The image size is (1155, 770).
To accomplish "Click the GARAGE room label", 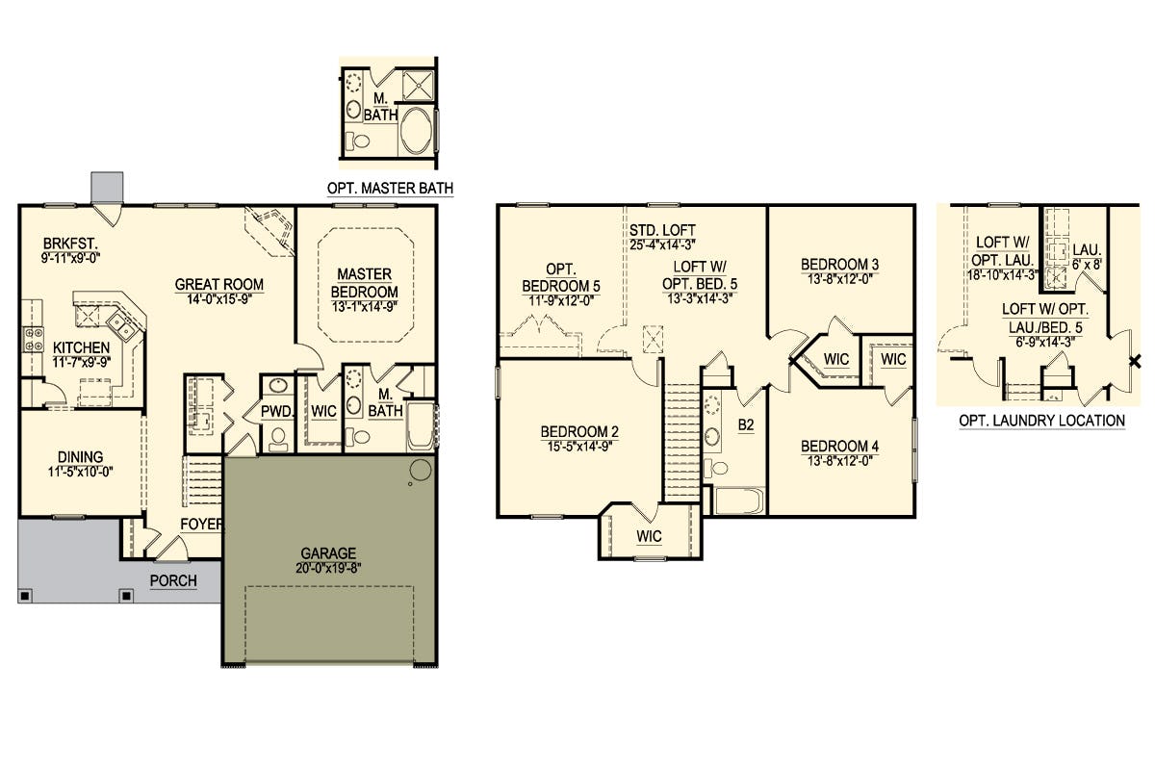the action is click(x=328, y=552).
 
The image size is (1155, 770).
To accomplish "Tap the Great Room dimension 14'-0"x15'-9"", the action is click(x=219, y=299).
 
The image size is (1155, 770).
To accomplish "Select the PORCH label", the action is click(x=173, y=580).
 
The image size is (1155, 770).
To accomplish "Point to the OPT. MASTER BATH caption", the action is click(x=391, y=189).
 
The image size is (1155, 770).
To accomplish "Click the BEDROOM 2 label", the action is click(x=579, y=431).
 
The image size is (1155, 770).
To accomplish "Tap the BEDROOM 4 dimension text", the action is click(x=840, y=460).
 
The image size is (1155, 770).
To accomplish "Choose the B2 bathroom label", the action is click(x=746, y=425).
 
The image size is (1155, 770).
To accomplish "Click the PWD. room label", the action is click(x=277, y=411).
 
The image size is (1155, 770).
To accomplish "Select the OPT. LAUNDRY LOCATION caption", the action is click(x=1042, y=421).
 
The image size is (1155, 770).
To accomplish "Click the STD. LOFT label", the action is click(x=662, y=230).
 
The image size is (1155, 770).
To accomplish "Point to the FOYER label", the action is click(x=201, y=524).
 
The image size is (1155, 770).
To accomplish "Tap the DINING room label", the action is click(x=81, y=457).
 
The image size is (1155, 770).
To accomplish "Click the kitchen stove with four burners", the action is click(x=34, y=340).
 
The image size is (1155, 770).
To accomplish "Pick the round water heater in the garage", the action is click(x=421, y=470).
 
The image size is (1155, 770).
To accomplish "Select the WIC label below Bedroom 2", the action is click(x=649, y=536).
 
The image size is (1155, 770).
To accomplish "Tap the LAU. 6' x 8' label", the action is click(x=1088, y=257).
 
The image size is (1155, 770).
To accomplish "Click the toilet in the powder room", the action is click(x=279, y=437).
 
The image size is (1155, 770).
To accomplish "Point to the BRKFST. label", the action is click(x=70, y=244).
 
